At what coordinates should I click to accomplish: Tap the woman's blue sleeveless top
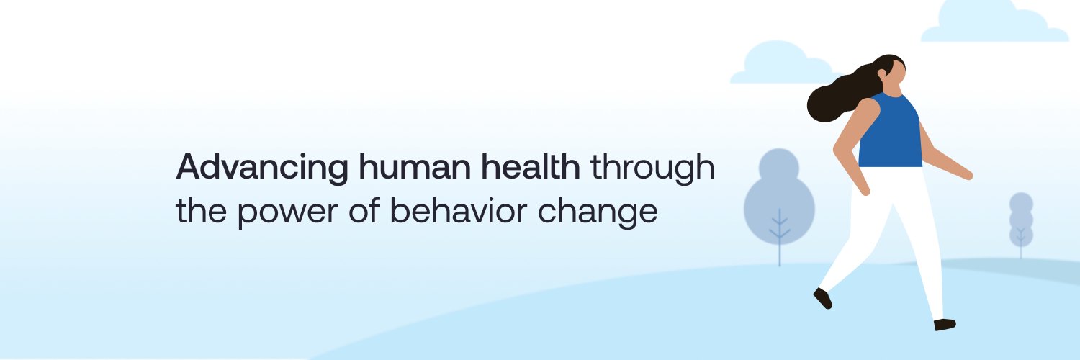point(891,133)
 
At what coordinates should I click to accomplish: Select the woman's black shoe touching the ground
point(944,324)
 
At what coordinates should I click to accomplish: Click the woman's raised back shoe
point(822,297)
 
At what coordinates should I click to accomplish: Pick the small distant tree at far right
point(1020,220)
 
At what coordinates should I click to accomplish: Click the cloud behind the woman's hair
point(774,65)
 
